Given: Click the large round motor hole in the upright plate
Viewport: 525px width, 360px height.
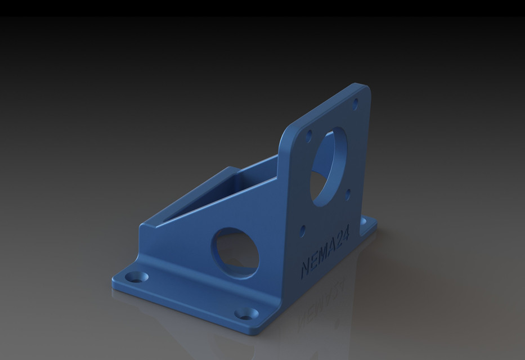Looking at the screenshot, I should click(327, 166).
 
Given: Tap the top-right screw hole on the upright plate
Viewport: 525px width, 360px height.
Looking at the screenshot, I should click(355, 103).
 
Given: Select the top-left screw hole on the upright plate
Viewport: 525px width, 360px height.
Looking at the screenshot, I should click(308, 135).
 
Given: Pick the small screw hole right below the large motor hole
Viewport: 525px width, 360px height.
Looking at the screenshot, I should click(348, 194).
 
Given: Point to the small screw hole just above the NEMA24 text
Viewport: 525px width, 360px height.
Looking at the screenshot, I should click(303, 229).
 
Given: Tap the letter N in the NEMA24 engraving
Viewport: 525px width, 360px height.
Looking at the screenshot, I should click(307, 268).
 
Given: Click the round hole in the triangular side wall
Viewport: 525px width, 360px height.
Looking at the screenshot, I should click(235, 253).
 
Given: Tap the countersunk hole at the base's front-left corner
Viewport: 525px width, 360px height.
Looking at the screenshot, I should click(136, 277).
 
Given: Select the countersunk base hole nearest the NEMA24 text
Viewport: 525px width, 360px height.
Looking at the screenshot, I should click(247, 313).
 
